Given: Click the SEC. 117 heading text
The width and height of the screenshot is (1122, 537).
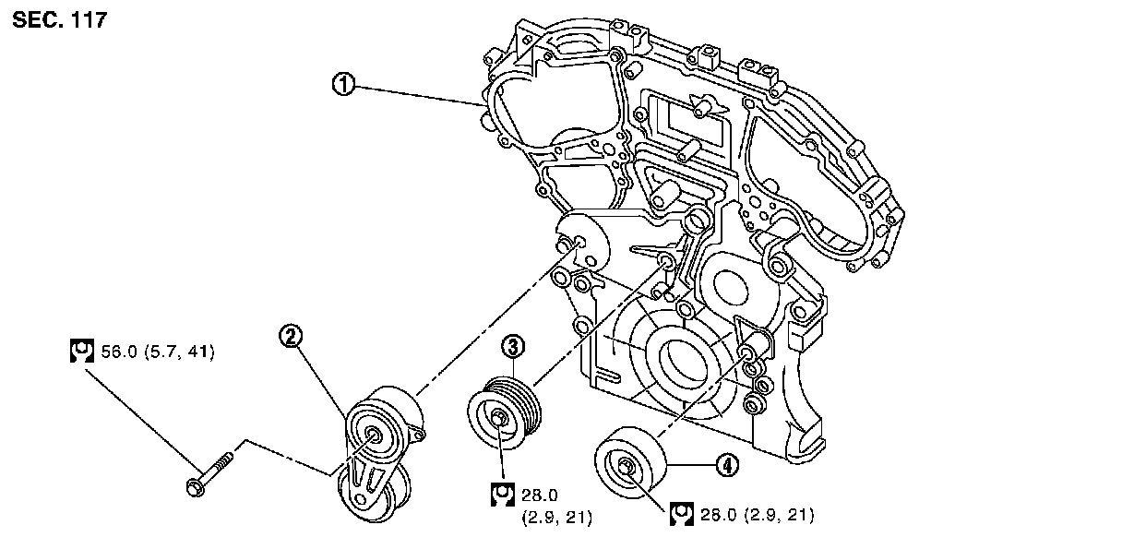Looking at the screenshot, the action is point(60,20).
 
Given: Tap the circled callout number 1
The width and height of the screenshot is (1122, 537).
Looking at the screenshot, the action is point(343,84).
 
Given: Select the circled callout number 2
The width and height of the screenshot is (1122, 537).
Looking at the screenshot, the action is point(291,337).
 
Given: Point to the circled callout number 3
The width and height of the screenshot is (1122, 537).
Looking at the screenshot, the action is point(513,346).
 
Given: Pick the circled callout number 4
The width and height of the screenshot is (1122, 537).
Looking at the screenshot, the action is point(727,466).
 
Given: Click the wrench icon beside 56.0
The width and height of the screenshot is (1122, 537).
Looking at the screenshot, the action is point(81,351).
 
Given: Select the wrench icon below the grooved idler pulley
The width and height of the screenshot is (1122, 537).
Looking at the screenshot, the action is point(502,495).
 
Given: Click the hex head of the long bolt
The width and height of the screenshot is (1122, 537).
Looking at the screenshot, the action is point(196,487).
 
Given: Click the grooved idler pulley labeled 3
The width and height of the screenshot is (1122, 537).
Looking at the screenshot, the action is point(505,414).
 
